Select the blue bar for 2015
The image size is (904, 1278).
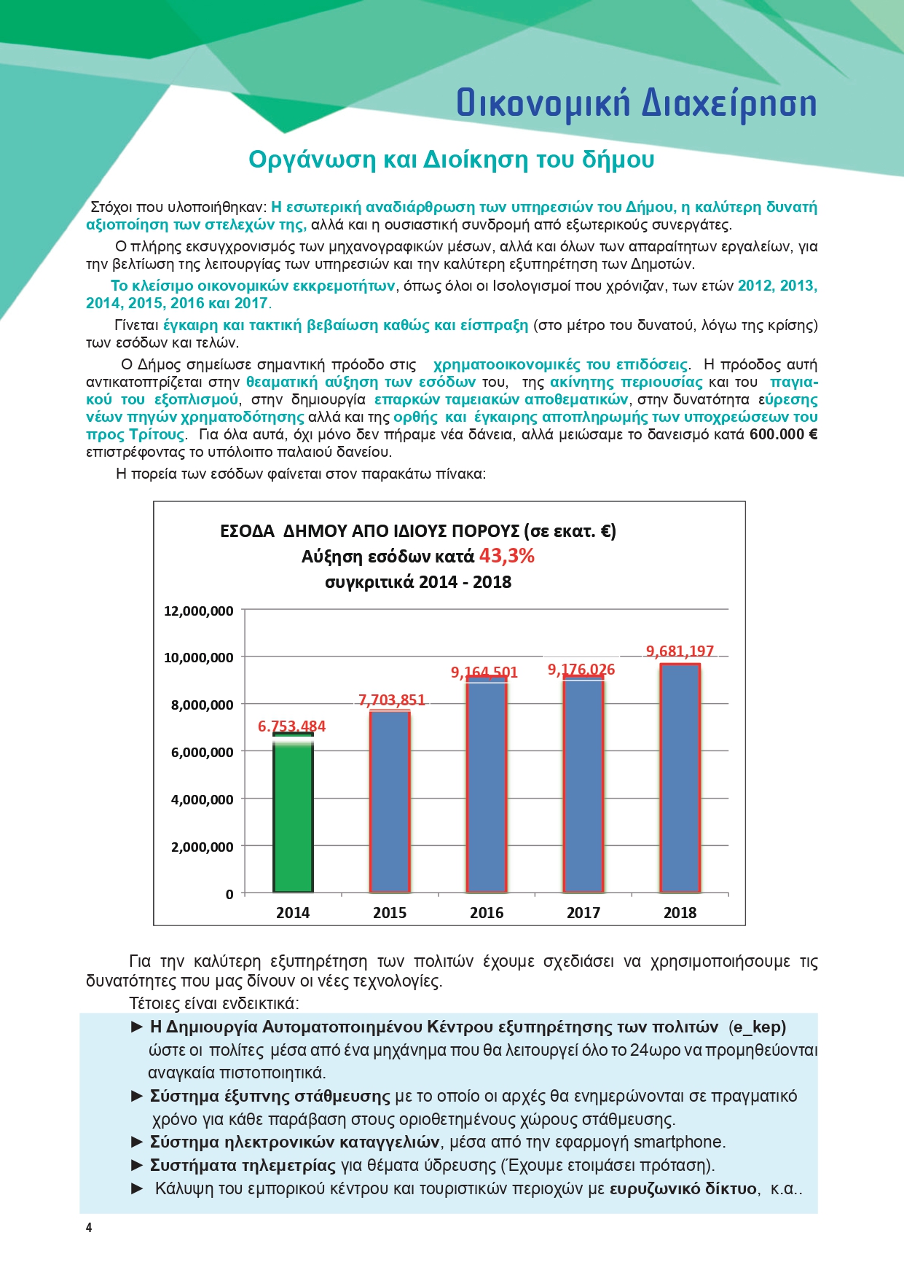point(390,801)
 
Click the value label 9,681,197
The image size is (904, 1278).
point(680,651)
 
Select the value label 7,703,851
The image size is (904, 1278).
point(392,700)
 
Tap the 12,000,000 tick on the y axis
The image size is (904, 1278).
point(198,611)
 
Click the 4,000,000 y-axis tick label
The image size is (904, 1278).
point(202,799)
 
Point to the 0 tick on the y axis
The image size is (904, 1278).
point(229,894)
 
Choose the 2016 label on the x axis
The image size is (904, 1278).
point(487,913)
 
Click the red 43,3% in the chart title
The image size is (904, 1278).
point(506,556)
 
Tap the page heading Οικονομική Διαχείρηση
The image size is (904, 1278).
point(636,103)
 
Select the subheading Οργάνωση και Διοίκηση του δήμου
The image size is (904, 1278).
point(451,160)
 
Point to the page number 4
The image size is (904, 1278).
point(89,1228)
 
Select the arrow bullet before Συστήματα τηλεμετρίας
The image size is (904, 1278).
point(137,1165)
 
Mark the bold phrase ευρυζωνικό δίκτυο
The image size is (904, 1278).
point(683,1188)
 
